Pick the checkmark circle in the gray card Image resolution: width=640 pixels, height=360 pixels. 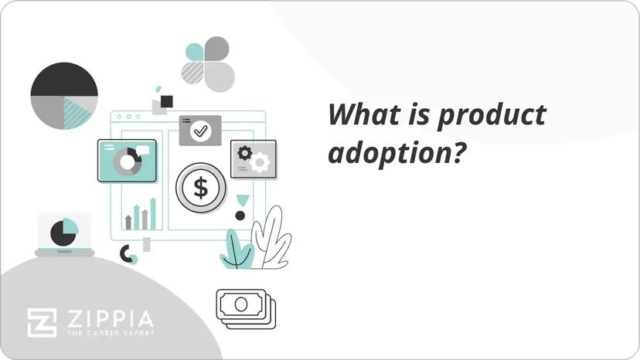coord(201,131)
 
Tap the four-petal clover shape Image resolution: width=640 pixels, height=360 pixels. coord(208,63)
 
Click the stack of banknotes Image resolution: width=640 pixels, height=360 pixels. coord(245,308)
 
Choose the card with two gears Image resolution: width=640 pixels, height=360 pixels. coord(254,158)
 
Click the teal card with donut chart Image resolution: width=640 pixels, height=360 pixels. coord(128,160)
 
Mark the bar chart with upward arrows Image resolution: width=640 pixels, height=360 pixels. coord(141,216)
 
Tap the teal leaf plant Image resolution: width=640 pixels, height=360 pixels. coord(236,249)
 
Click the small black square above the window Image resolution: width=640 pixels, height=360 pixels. coord(166,101)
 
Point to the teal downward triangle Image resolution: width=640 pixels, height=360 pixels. coord(243,199)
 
